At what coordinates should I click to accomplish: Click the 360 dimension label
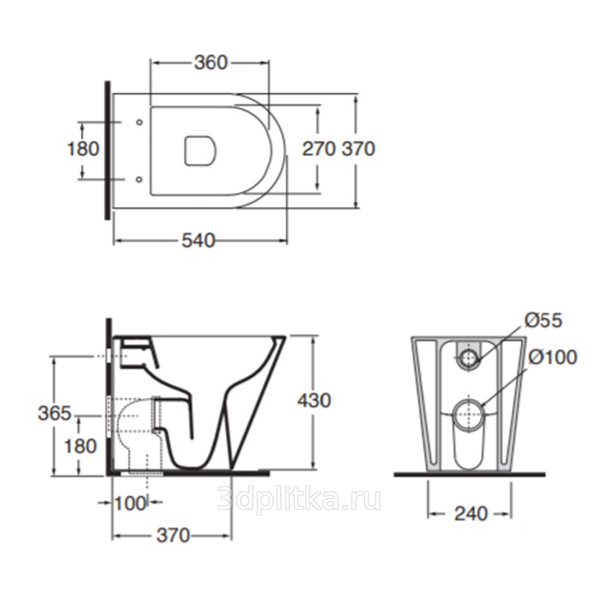211,63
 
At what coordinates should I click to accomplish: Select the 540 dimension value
199,241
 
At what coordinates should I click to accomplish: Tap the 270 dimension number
319,148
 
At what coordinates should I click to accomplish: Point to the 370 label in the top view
358,148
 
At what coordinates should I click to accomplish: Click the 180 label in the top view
83,148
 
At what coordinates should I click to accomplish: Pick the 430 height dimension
314,401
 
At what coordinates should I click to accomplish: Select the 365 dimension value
55,413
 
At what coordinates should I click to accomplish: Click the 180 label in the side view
80,446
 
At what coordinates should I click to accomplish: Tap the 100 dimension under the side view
130,504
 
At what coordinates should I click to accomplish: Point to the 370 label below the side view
173,536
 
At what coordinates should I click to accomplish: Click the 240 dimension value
471,514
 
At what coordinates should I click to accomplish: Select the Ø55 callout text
543,321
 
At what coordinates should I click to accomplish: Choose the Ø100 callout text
553,357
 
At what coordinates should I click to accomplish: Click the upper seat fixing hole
139,122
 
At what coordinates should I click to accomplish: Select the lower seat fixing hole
139,179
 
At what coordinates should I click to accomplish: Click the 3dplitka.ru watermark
298,500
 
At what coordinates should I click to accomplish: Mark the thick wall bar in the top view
107,150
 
